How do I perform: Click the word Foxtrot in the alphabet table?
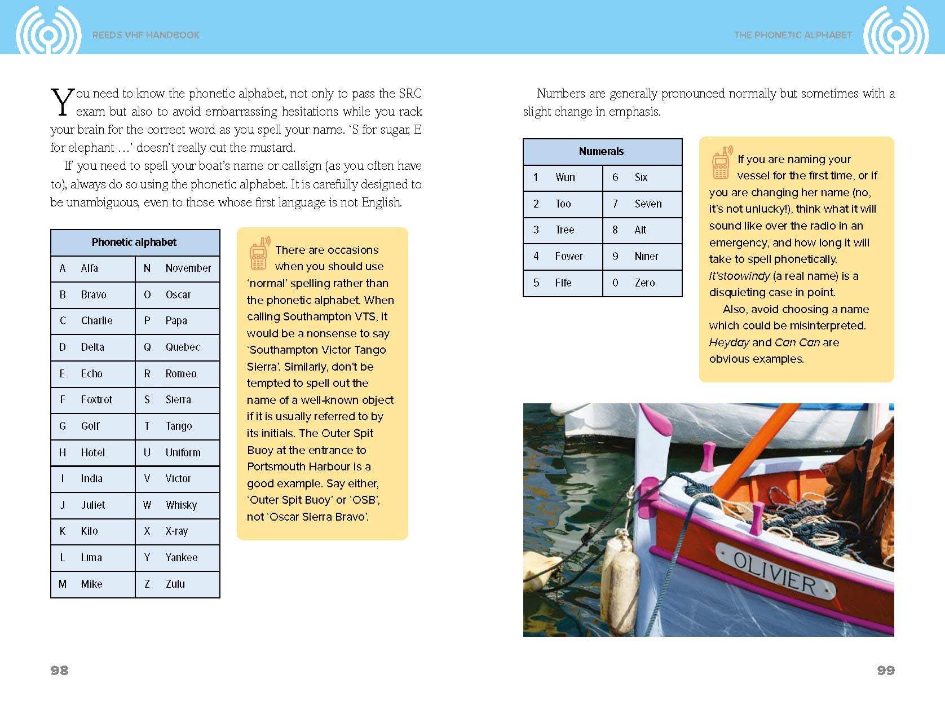[x=96, y=399]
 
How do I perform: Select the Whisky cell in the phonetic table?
[x=181, y=505]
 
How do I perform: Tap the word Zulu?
[x=175, y=584]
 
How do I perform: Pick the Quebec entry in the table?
[x=182, y=347]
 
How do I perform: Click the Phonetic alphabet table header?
[x=134, y=242]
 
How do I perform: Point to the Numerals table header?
[x=601, y=151]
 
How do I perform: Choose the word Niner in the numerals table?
[x=646, y=256]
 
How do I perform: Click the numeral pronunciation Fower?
[x=568, y=256]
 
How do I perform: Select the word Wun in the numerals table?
[x=565, y=177]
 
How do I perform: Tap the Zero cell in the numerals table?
[x=644, y=283]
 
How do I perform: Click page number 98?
[x=59, y=670]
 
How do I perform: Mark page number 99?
[x=886, y=670]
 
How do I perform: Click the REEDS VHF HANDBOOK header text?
[x=146, y=35]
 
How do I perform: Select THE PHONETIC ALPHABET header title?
[x=793, y=35]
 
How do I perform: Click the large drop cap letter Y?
[x=62, y=102]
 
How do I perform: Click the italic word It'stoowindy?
[x=739, y=276]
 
